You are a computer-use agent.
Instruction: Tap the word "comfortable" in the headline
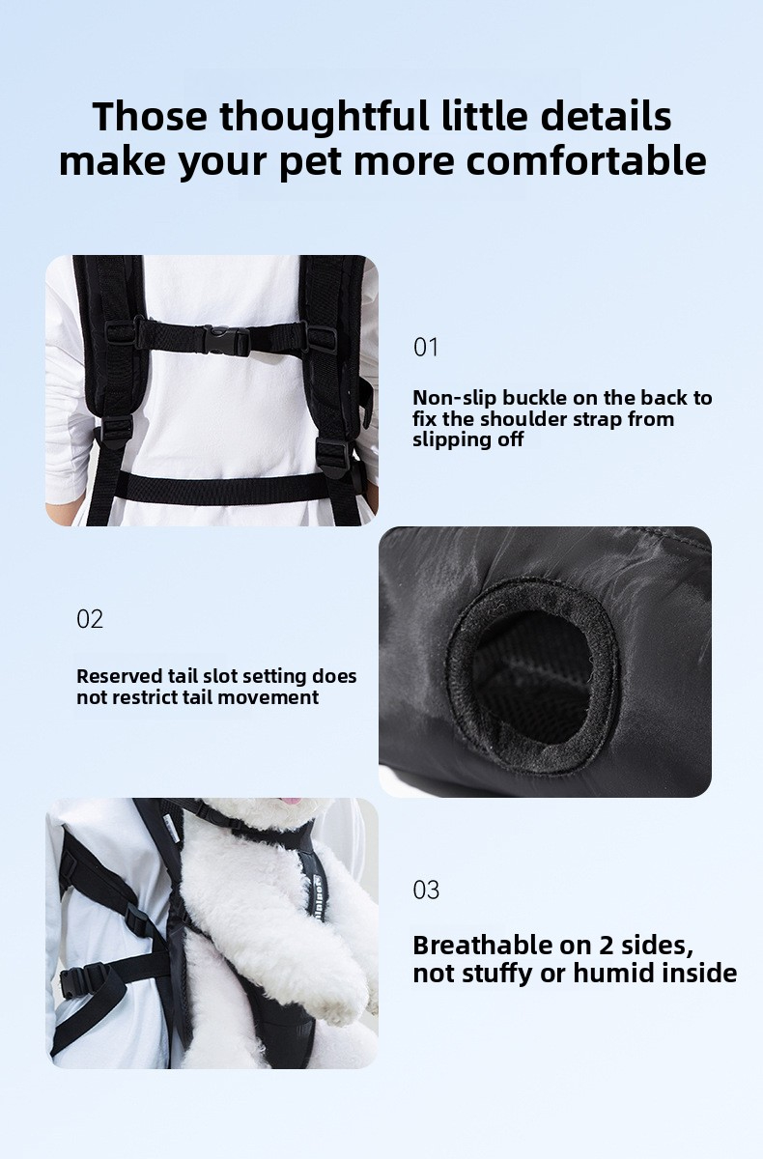point(586,161)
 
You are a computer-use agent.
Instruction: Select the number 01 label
point(426,347)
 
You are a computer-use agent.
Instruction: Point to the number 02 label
point(90,619)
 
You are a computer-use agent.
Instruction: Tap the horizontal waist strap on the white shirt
point(222,488)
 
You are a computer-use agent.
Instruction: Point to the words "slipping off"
point(468,439)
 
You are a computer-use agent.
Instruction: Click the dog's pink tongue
point(294,802)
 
